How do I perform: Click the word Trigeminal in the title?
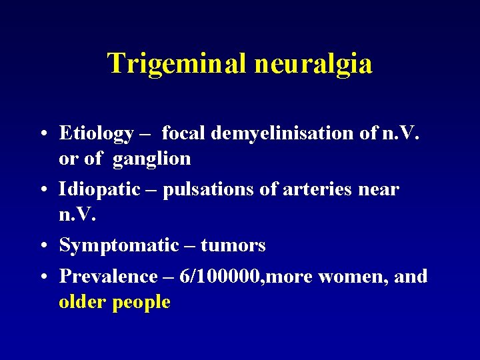tap(177, 64)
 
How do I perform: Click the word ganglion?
tap(152, 159)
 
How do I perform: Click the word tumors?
tap(233, 246)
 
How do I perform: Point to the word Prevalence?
tap(108, 276)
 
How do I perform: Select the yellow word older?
tap(83, 302)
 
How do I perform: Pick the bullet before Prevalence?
tap(43, 277)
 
